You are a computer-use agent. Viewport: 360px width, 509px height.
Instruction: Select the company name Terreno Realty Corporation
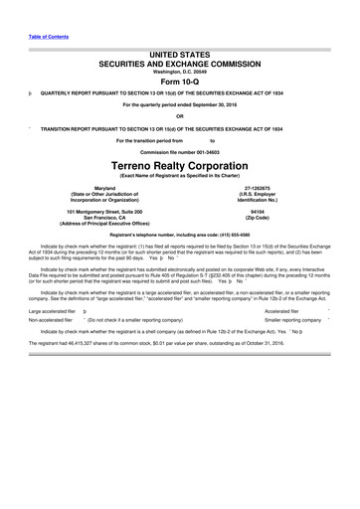point(180,162)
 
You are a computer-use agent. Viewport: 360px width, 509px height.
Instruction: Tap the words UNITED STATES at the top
point(180,50)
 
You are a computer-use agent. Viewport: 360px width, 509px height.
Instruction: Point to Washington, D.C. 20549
point(180,71)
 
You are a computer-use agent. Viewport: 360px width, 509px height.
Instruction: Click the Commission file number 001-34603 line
point(180,149)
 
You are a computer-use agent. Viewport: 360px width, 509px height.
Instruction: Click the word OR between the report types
point(180,116)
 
